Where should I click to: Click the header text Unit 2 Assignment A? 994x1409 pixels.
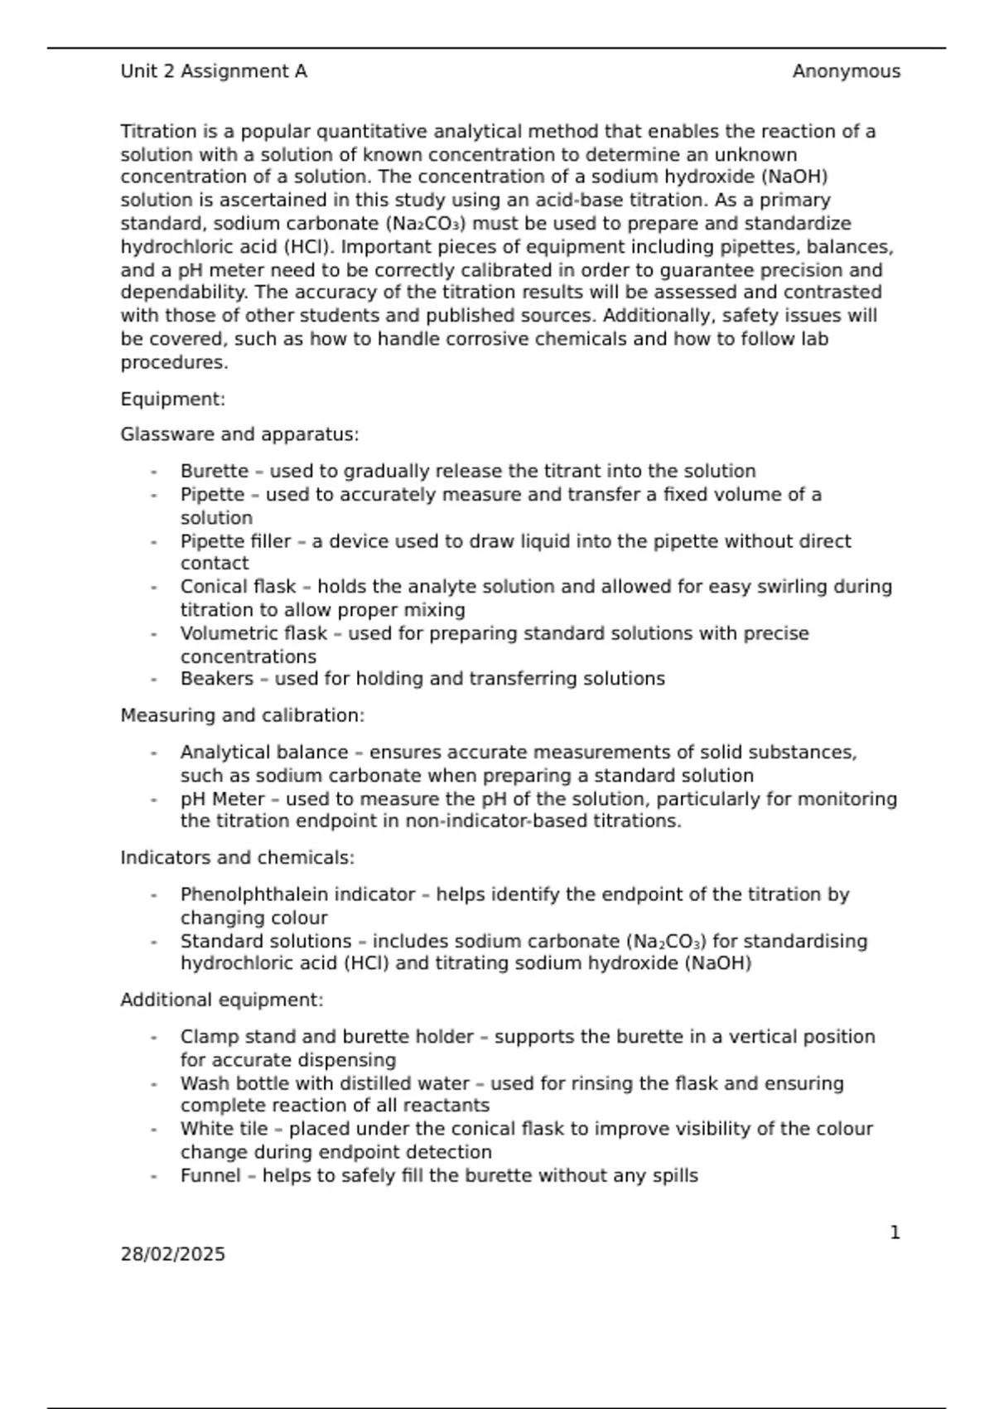(x=214, y=72)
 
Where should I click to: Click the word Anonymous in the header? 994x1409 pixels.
(x=846, y=72)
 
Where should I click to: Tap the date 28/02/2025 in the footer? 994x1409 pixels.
(x=172, y=1254)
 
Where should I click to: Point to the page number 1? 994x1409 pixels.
(x=895, y=1233)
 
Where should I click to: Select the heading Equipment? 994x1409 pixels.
(x=172, y=399)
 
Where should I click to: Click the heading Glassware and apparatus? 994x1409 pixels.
(x=239, y=434)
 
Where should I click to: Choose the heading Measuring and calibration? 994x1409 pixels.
(x=242, y=715)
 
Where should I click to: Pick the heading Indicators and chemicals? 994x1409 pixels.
(x=237, y=858)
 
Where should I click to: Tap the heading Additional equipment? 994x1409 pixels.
(x=221, y=1000)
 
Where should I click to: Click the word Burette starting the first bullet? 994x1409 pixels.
(x=214, y=472)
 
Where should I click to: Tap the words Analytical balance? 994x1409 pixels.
(x=263, y=753)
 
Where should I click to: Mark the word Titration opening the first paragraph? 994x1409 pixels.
(x=157, y=132)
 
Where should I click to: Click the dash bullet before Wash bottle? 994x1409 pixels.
(x=154, y=1084)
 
